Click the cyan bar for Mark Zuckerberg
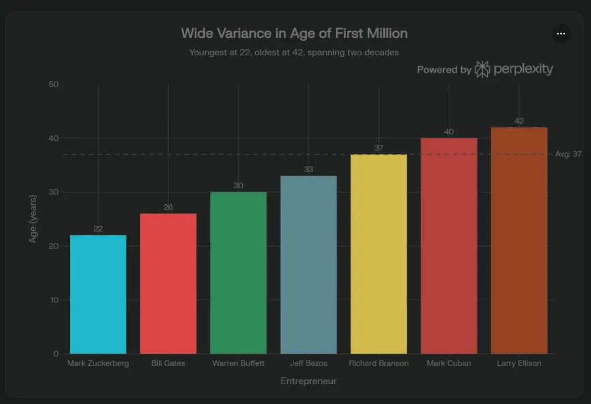click(x=98, y=294)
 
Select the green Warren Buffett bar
click(x=238, y=273)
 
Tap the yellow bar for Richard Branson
click(x=379, y=254)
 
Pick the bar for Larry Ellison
click(x=519, y=240)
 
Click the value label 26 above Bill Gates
click(x=168, y=207)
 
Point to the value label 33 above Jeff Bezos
click(x=309, y=169)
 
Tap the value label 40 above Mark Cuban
click(x=449, y=132)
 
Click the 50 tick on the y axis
click(x=54, y=84)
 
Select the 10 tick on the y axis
click(x=54, y=300)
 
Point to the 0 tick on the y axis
click(x=56, y=354)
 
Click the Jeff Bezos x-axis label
click(x=309, y=363)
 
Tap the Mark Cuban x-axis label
click(x=449, y=363)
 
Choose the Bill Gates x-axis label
click(x=168, y=363)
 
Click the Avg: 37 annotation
click(x=569, y=154)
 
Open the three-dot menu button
click(x=561, y=33)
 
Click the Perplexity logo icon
click(x=482, y=69)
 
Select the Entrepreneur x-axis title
click(x=308, y=382)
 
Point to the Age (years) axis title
click(x=33, y=219)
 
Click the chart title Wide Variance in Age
click(x=294, y=33)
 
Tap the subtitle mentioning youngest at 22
click(x=294, y=53)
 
